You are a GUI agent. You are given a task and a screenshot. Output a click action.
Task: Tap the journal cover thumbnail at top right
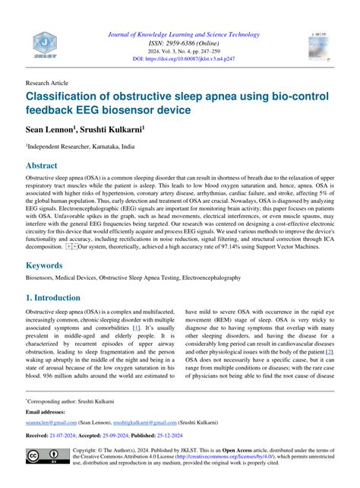click(321, 46)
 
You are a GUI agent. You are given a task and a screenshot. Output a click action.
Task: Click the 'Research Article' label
click(47, 82)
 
